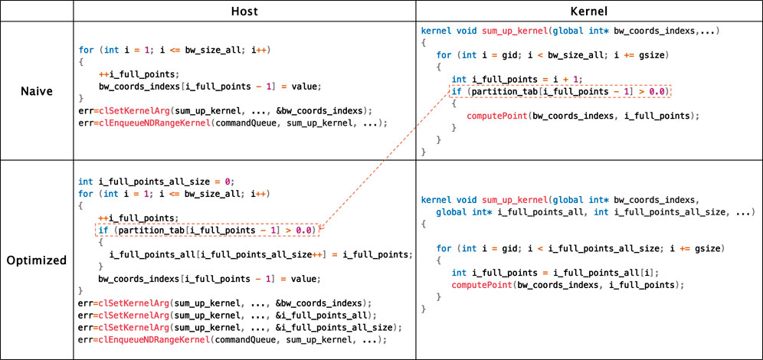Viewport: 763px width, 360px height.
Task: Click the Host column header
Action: click(244, 11)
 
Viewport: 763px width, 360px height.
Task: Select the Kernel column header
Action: click(589, 11)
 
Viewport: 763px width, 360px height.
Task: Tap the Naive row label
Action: click(37, 90)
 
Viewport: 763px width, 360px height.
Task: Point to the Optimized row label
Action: click(37, 260)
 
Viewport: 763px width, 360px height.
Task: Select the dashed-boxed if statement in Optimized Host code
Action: click(208, 230)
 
